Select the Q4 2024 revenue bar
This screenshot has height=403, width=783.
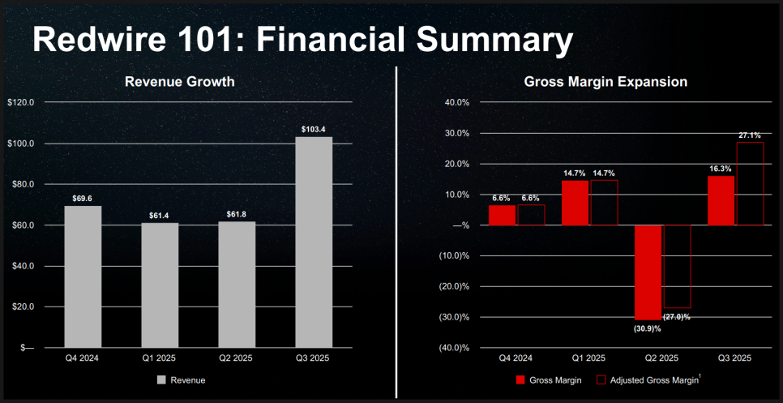[x=83, y=276]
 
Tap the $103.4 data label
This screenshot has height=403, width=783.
[x=313, y=130]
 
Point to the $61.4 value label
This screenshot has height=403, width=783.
[x=160, y=216]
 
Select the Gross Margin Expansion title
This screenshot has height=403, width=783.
[x=605, y=81]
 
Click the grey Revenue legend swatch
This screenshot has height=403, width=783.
[x=162, y=379]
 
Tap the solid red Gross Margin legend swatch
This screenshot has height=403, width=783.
[x=521, y=379]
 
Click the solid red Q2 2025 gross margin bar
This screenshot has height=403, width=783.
[x=648, y=272]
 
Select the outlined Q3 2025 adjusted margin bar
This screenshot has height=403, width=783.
[x=749, y=183]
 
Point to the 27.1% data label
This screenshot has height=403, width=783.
[x=749, y=135]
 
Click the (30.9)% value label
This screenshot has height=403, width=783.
[x=648, y=328]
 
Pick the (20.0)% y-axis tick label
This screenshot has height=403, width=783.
[x=455, y=286]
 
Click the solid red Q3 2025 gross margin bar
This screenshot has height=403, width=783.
[x=721, y=200]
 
